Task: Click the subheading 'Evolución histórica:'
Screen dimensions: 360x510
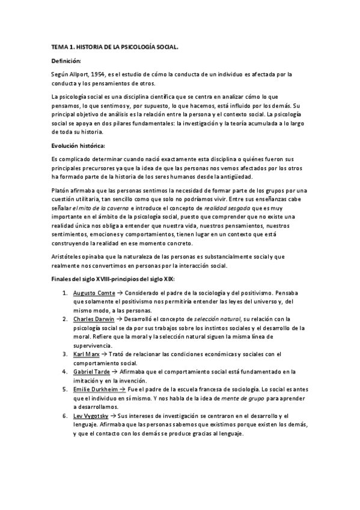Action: pyautogui.click(x=79, y=146)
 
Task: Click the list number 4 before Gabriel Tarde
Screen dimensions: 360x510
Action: pyautogui.click(x=64, y=372)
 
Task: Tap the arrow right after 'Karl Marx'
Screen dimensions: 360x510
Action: pyautogui.click(x=105, y=354)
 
